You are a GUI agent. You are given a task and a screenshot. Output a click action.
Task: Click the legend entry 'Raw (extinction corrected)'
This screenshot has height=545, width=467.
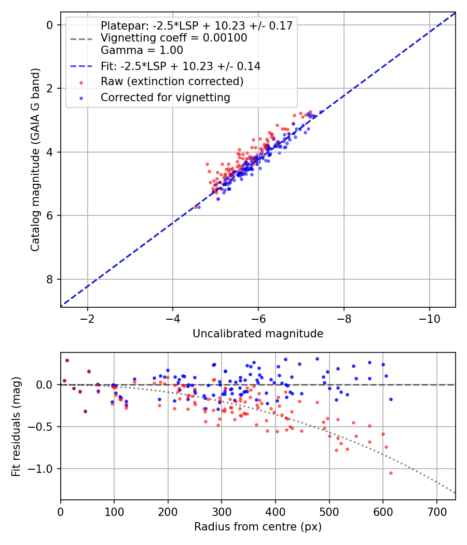[x=172, y=81]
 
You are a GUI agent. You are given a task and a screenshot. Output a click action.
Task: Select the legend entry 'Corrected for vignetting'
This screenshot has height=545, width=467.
[x=165, y=97]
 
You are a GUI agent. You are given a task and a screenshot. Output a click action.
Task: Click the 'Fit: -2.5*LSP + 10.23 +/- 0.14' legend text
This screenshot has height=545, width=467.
[x=180, y=66]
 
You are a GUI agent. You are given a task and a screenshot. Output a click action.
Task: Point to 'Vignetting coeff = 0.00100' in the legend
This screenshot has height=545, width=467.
[x=173, y=38]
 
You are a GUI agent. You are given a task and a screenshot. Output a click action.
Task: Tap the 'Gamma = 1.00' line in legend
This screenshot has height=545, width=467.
[x=142, y=50]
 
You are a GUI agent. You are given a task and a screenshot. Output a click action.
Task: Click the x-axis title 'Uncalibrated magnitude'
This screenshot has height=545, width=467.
[x=258, y=334]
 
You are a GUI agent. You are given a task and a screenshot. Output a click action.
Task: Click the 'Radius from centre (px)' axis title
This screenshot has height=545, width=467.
[x=258, y=527]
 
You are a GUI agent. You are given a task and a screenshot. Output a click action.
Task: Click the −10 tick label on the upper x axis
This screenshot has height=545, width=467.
[x=429, y=318]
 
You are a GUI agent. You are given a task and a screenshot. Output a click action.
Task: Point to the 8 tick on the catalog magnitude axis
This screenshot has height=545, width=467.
[x=50, y=279]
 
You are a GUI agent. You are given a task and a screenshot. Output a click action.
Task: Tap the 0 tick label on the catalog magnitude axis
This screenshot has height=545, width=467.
[x=50, y=25]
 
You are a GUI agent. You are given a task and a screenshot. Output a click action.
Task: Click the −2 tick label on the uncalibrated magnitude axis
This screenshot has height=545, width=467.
[x=87, y=318]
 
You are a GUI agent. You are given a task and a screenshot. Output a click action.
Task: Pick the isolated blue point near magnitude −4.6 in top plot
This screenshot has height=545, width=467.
[x=199, y=207]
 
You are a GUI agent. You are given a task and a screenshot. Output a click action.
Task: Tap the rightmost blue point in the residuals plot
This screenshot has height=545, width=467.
[x=391, y=399]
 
